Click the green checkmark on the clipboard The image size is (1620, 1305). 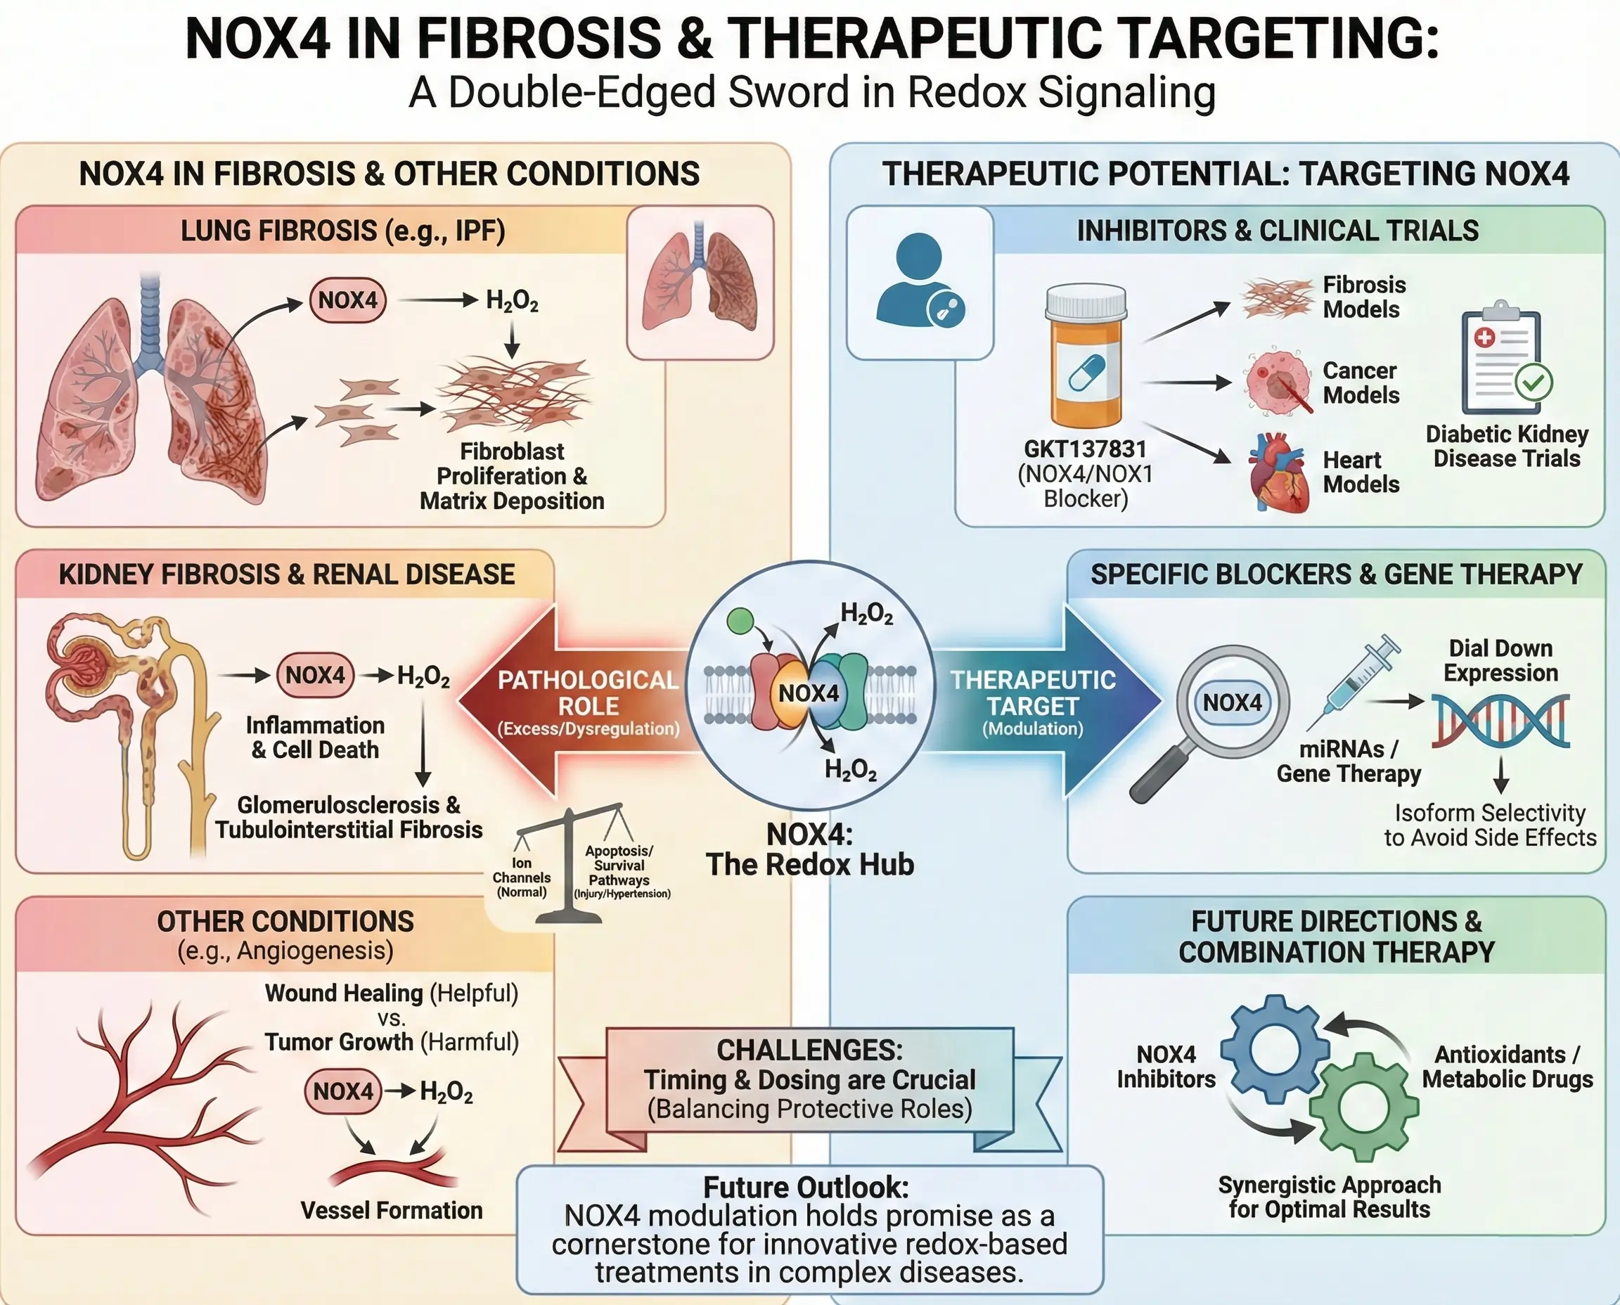point(1534,382)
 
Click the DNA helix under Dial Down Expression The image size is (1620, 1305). point(1500,721)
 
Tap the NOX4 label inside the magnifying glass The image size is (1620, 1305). point(1232,702)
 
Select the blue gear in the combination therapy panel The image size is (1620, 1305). point(1275,1048)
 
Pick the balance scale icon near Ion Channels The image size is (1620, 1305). point(570,864)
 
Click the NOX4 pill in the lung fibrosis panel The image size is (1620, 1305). point(347,300)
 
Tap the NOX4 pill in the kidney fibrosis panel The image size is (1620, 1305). point(315,675)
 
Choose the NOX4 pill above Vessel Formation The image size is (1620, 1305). point(343,1091)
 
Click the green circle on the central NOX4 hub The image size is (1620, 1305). point(740,622)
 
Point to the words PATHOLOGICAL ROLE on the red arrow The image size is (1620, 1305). point(588,693)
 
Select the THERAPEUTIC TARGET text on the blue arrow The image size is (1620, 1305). point(1033,693)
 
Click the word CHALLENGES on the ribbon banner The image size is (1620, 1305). point(809,1050)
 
